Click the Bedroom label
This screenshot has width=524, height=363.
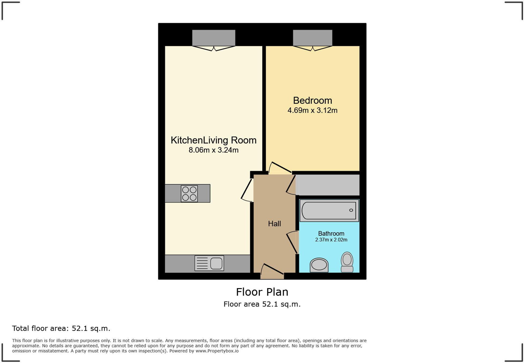312,101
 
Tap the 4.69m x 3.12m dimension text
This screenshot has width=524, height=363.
312,110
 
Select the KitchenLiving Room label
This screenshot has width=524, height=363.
213,140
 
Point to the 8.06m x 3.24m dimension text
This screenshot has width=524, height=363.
213,150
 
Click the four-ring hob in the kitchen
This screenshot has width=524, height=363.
189,194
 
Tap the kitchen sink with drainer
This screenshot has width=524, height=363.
209,263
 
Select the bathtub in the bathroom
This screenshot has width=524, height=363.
329,210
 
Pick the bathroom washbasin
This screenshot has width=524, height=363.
319,265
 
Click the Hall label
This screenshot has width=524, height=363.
274,224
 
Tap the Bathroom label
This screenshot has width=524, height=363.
331,234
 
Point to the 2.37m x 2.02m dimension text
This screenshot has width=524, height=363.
331,240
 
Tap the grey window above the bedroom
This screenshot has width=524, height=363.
312,38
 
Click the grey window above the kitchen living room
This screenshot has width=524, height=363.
214,38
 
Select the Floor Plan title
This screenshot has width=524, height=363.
262,292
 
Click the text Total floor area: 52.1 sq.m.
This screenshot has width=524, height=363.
61,328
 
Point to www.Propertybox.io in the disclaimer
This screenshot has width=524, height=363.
217,351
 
